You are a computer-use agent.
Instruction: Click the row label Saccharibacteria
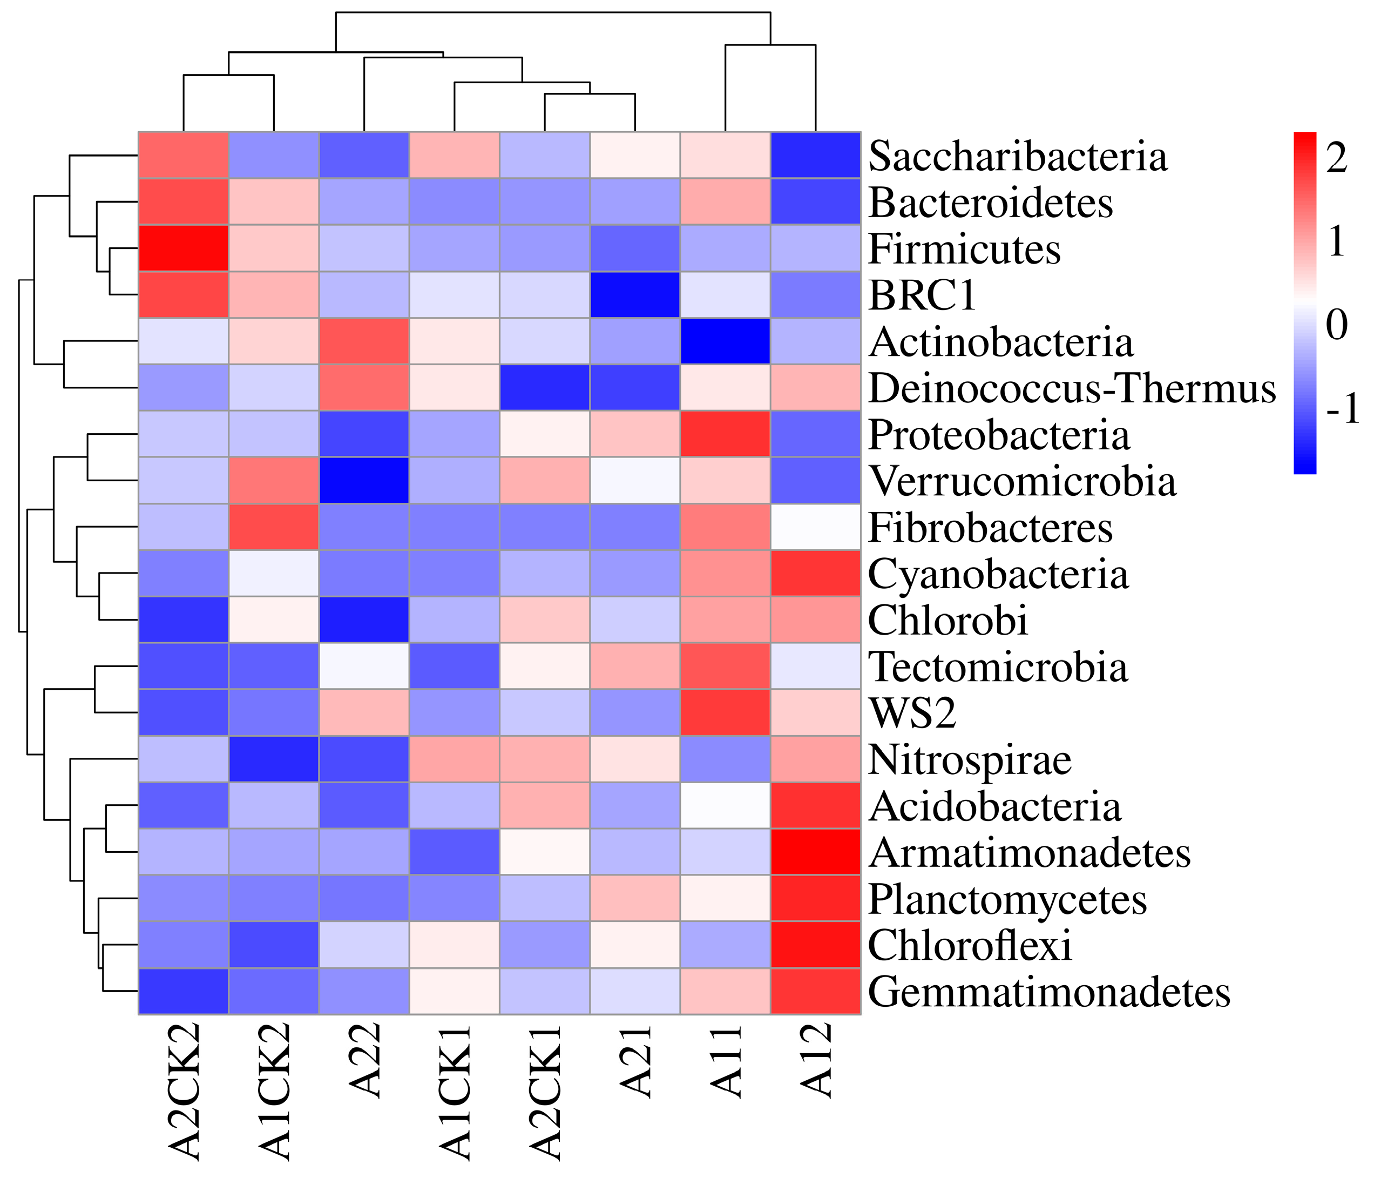click(1017, 157)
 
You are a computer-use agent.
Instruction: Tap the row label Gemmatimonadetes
click(1049, 992)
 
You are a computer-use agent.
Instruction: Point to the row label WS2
click(912, 713)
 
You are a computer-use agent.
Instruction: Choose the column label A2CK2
click(184, 1092)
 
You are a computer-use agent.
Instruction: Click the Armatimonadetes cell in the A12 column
click(816, 852)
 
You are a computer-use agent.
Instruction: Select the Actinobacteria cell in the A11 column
click(726, 341)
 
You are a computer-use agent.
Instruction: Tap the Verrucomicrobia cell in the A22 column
click(364, 480)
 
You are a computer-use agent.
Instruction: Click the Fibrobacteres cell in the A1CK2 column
click(274, 527)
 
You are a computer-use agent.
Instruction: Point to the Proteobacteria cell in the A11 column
click(726, 434)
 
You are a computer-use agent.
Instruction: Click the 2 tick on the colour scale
click(1336, 159)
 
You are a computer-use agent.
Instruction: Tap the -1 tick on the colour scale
click(1342, 410)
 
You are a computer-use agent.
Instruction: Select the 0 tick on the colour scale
click(1336, 326)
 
